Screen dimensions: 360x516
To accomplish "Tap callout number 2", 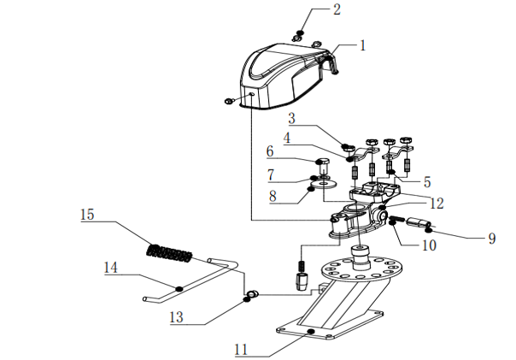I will pos(337,10).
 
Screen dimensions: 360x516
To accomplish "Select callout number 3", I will pos(291,117).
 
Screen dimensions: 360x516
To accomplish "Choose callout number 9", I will pos(491,239).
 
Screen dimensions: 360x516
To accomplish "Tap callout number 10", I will pos(428,244).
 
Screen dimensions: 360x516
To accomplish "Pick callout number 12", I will pos(437,204).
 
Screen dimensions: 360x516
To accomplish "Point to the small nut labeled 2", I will pos(299,35).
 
